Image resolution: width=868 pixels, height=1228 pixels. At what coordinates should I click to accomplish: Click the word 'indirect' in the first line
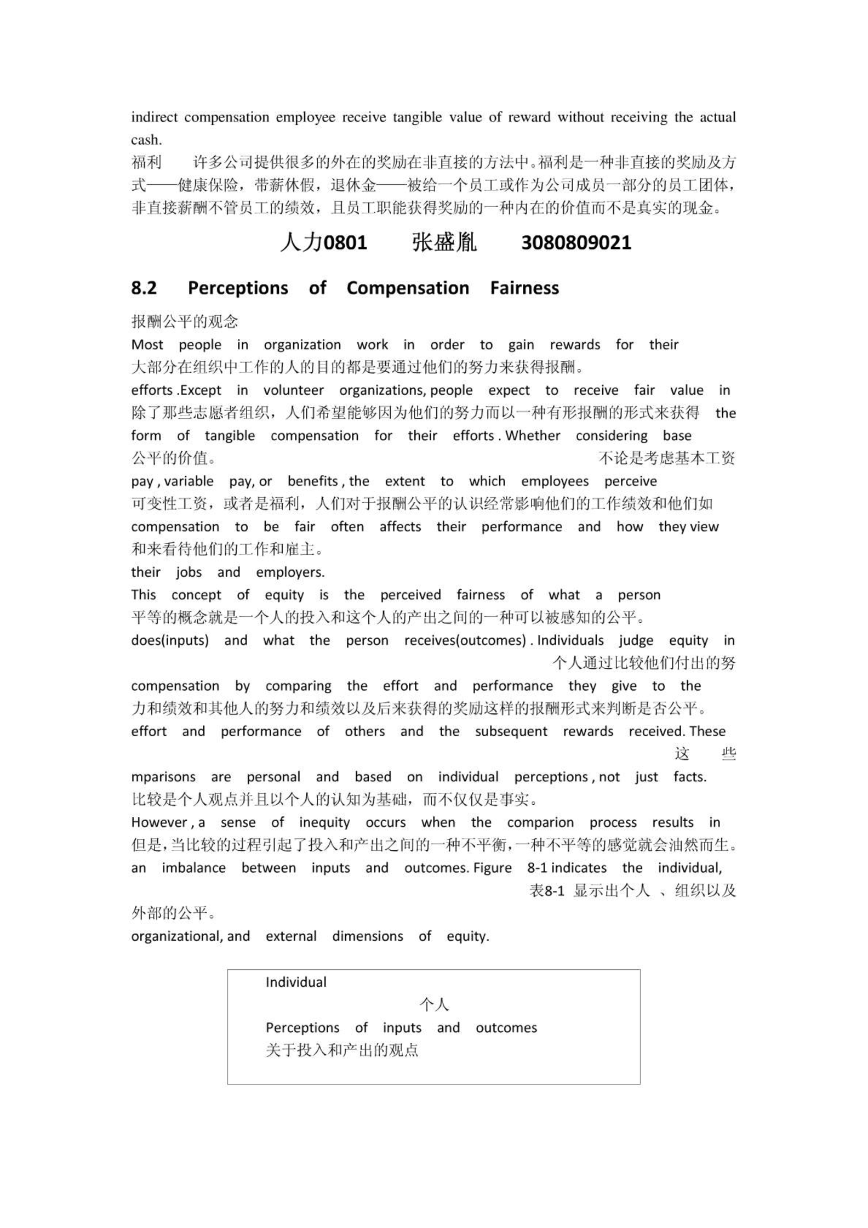(x=154, y=117)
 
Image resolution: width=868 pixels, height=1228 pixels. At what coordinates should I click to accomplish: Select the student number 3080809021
(x=576, y=242)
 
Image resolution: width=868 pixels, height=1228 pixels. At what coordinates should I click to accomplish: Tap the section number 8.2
(x=144, y=288)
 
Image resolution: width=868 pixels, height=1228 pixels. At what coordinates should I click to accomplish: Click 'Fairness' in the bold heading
(x=524, y=288)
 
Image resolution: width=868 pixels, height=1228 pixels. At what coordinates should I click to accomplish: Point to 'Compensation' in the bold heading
(x=408, y=288)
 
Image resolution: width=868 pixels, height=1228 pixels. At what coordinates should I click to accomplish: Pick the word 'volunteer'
(x=293, y=390)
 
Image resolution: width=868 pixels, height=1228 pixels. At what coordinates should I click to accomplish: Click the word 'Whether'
(x=533, y=435)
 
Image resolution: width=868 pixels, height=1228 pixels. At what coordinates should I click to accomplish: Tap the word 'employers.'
(x=290, y=572)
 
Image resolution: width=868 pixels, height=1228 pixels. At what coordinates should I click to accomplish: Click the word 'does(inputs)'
(x=170, y=640)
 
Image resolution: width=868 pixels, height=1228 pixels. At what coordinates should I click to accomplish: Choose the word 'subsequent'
(x=511, y=731)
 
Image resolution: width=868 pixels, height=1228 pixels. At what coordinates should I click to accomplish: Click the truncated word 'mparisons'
(x=163, y=777)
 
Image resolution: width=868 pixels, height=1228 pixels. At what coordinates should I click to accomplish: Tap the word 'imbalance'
(x=193, y=868)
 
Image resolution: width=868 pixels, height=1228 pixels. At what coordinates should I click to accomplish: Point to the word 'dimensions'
(x=367, y=936)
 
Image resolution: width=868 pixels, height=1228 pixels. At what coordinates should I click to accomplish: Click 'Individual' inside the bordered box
(x=296, y=982)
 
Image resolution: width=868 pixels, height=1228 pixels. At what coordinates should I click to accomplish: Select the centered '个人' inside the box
(x=434, y=1005)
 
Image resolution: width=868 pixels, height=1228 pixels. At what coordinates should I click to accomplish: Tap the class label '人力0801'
(x=323, y=242)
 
